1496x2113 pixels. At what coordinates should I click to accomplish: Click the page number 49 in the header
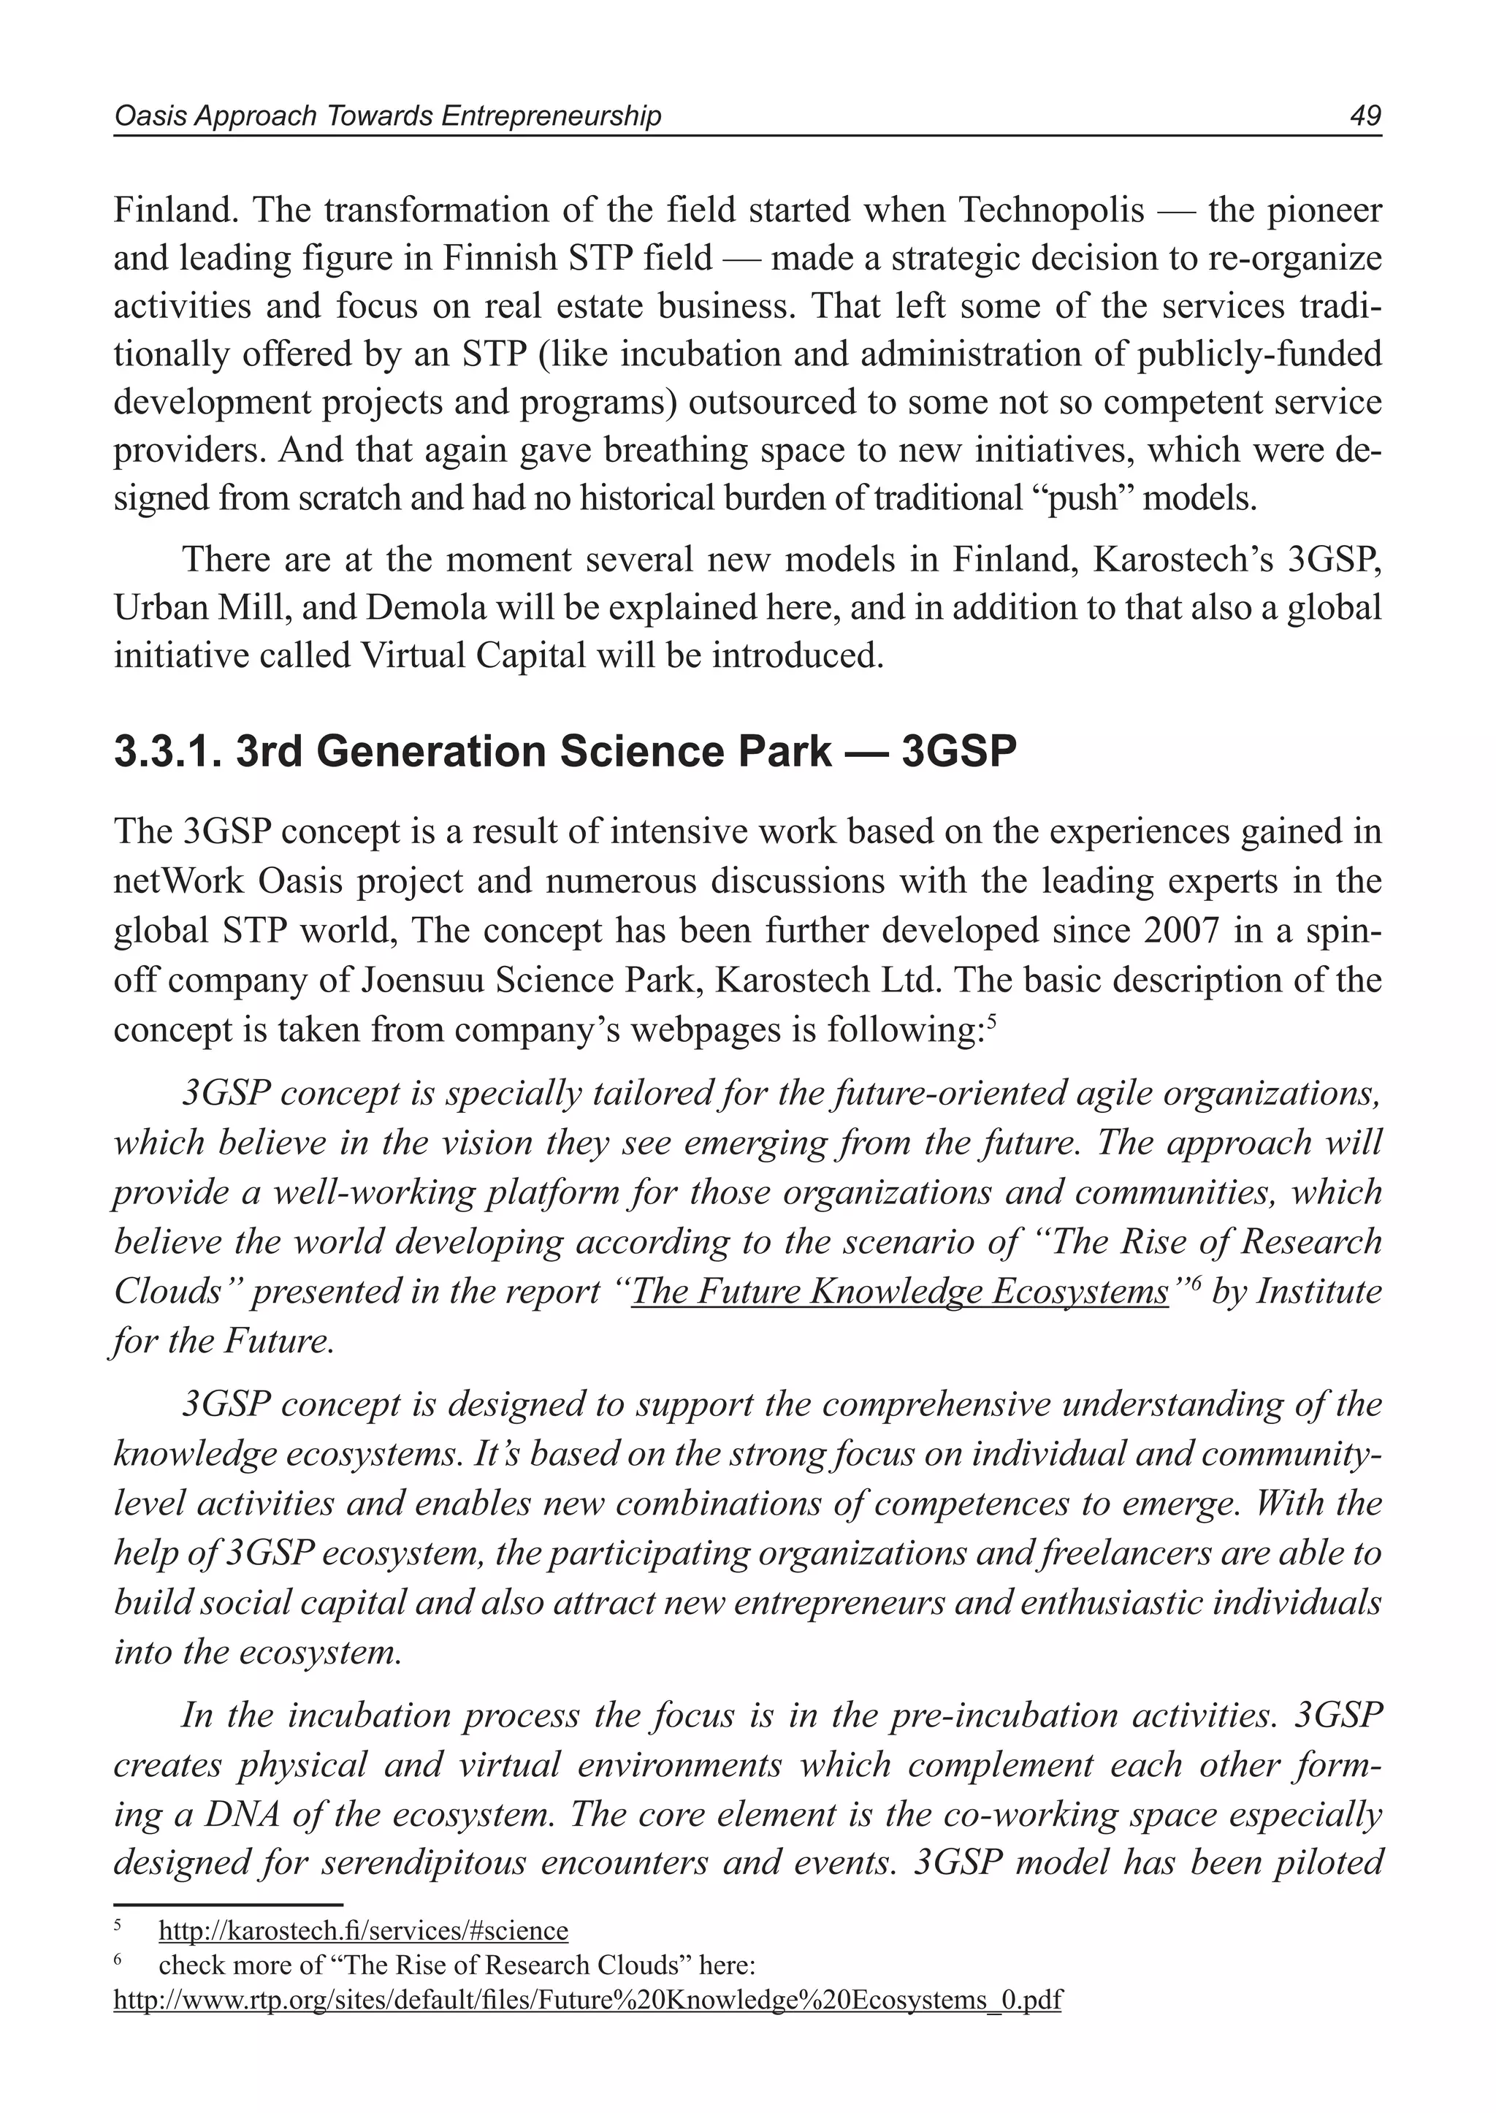[1365, 116]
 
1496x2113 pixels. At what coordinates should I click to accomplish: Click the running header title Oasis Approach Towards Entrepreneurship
[387, 116]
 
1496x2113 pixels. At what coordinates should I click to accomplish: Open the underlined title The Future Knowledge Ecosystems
[900, 1291]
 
